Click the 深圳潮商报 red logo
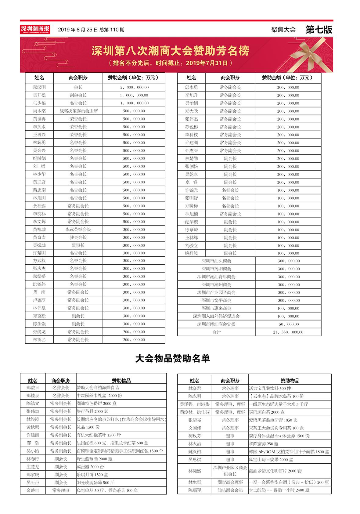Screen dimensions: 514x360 point(35,29)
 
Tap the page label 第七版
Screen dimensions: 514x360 point(319,30)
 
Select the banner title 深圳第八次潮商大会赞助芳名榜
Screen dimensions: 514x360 point(170,51)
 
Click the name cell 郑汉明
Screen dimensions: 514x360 point(39,87)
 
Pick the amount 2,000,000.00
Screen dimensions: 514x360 point(134,87)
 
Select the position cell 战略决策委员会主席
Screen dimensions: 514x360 point(78,111)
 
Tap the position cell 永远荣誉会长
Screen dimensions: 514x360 point(78,230)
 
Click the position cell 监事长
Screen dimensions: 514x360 point(78,245)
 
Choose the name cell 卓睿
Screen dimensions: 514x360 point(191,182)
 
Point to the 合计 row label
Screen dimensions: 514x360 point(216,332)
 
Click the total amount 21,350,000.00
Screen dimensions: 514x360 point(288,332)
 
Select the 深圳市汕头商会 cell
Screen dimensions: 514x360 point(216,261)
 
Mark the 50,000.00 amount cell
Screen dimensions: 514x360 point(288,324)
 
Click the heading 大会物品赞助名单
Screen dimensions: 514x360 point(173,358)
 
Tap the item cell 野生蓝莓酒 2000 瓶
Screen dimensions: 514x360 point(95,459)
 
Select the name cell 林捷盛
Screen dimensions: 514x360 point(195,471)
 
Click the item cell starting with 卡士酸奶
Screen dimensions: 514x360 point(279,490)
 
